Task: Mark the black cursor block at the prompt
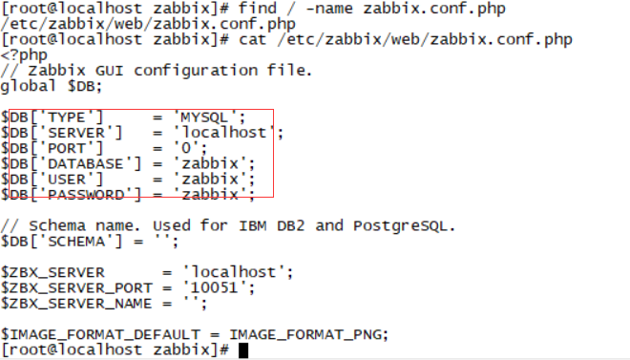(243, 350)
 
